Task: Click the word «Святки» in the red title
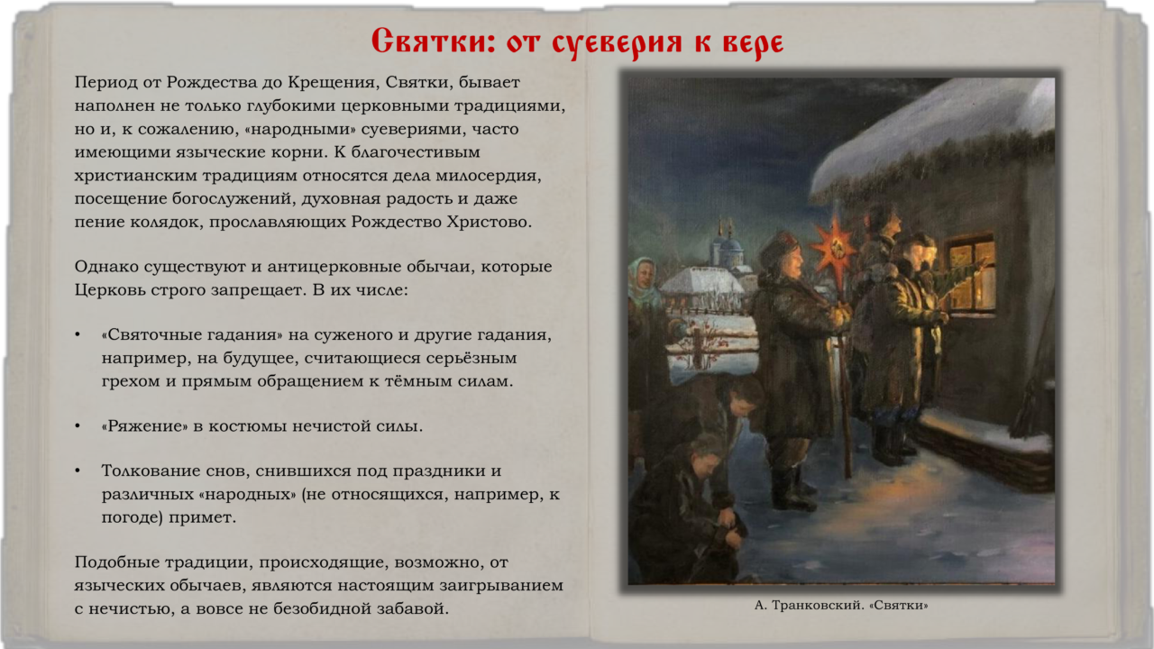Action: (x=434, y=41)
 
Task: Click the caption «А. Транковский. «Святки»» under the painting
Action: (x=841, y=605)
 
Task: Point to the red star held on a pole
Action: (x=834, y=246)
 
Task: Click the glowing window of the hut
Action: (x=971, y=275)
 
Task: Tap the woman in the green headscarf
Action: (x=644, y=283)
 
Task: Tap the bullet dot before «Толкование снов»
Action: (x=78, y=471)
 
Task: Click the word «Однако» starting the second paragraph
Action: (x=106, y=267)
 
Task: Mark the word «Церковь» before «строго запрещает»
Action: (x=110, y=290)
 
